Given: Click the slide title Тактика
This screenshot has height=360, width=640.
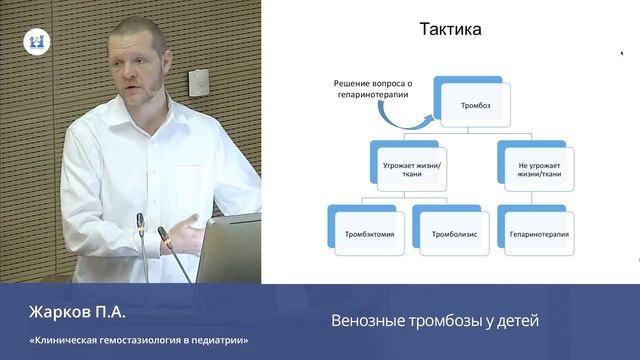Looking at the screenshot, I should click(x=449, y=29).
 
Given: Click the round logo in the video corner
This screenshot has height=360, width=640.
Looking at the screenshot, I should click(x=36, y=42).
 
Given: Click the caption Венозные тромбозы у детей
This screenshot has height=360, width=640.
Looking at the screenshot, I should click(x=435, y=321).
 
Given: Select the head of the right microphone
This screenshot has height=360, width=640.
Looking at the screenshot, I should click(x=162, y=235).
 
